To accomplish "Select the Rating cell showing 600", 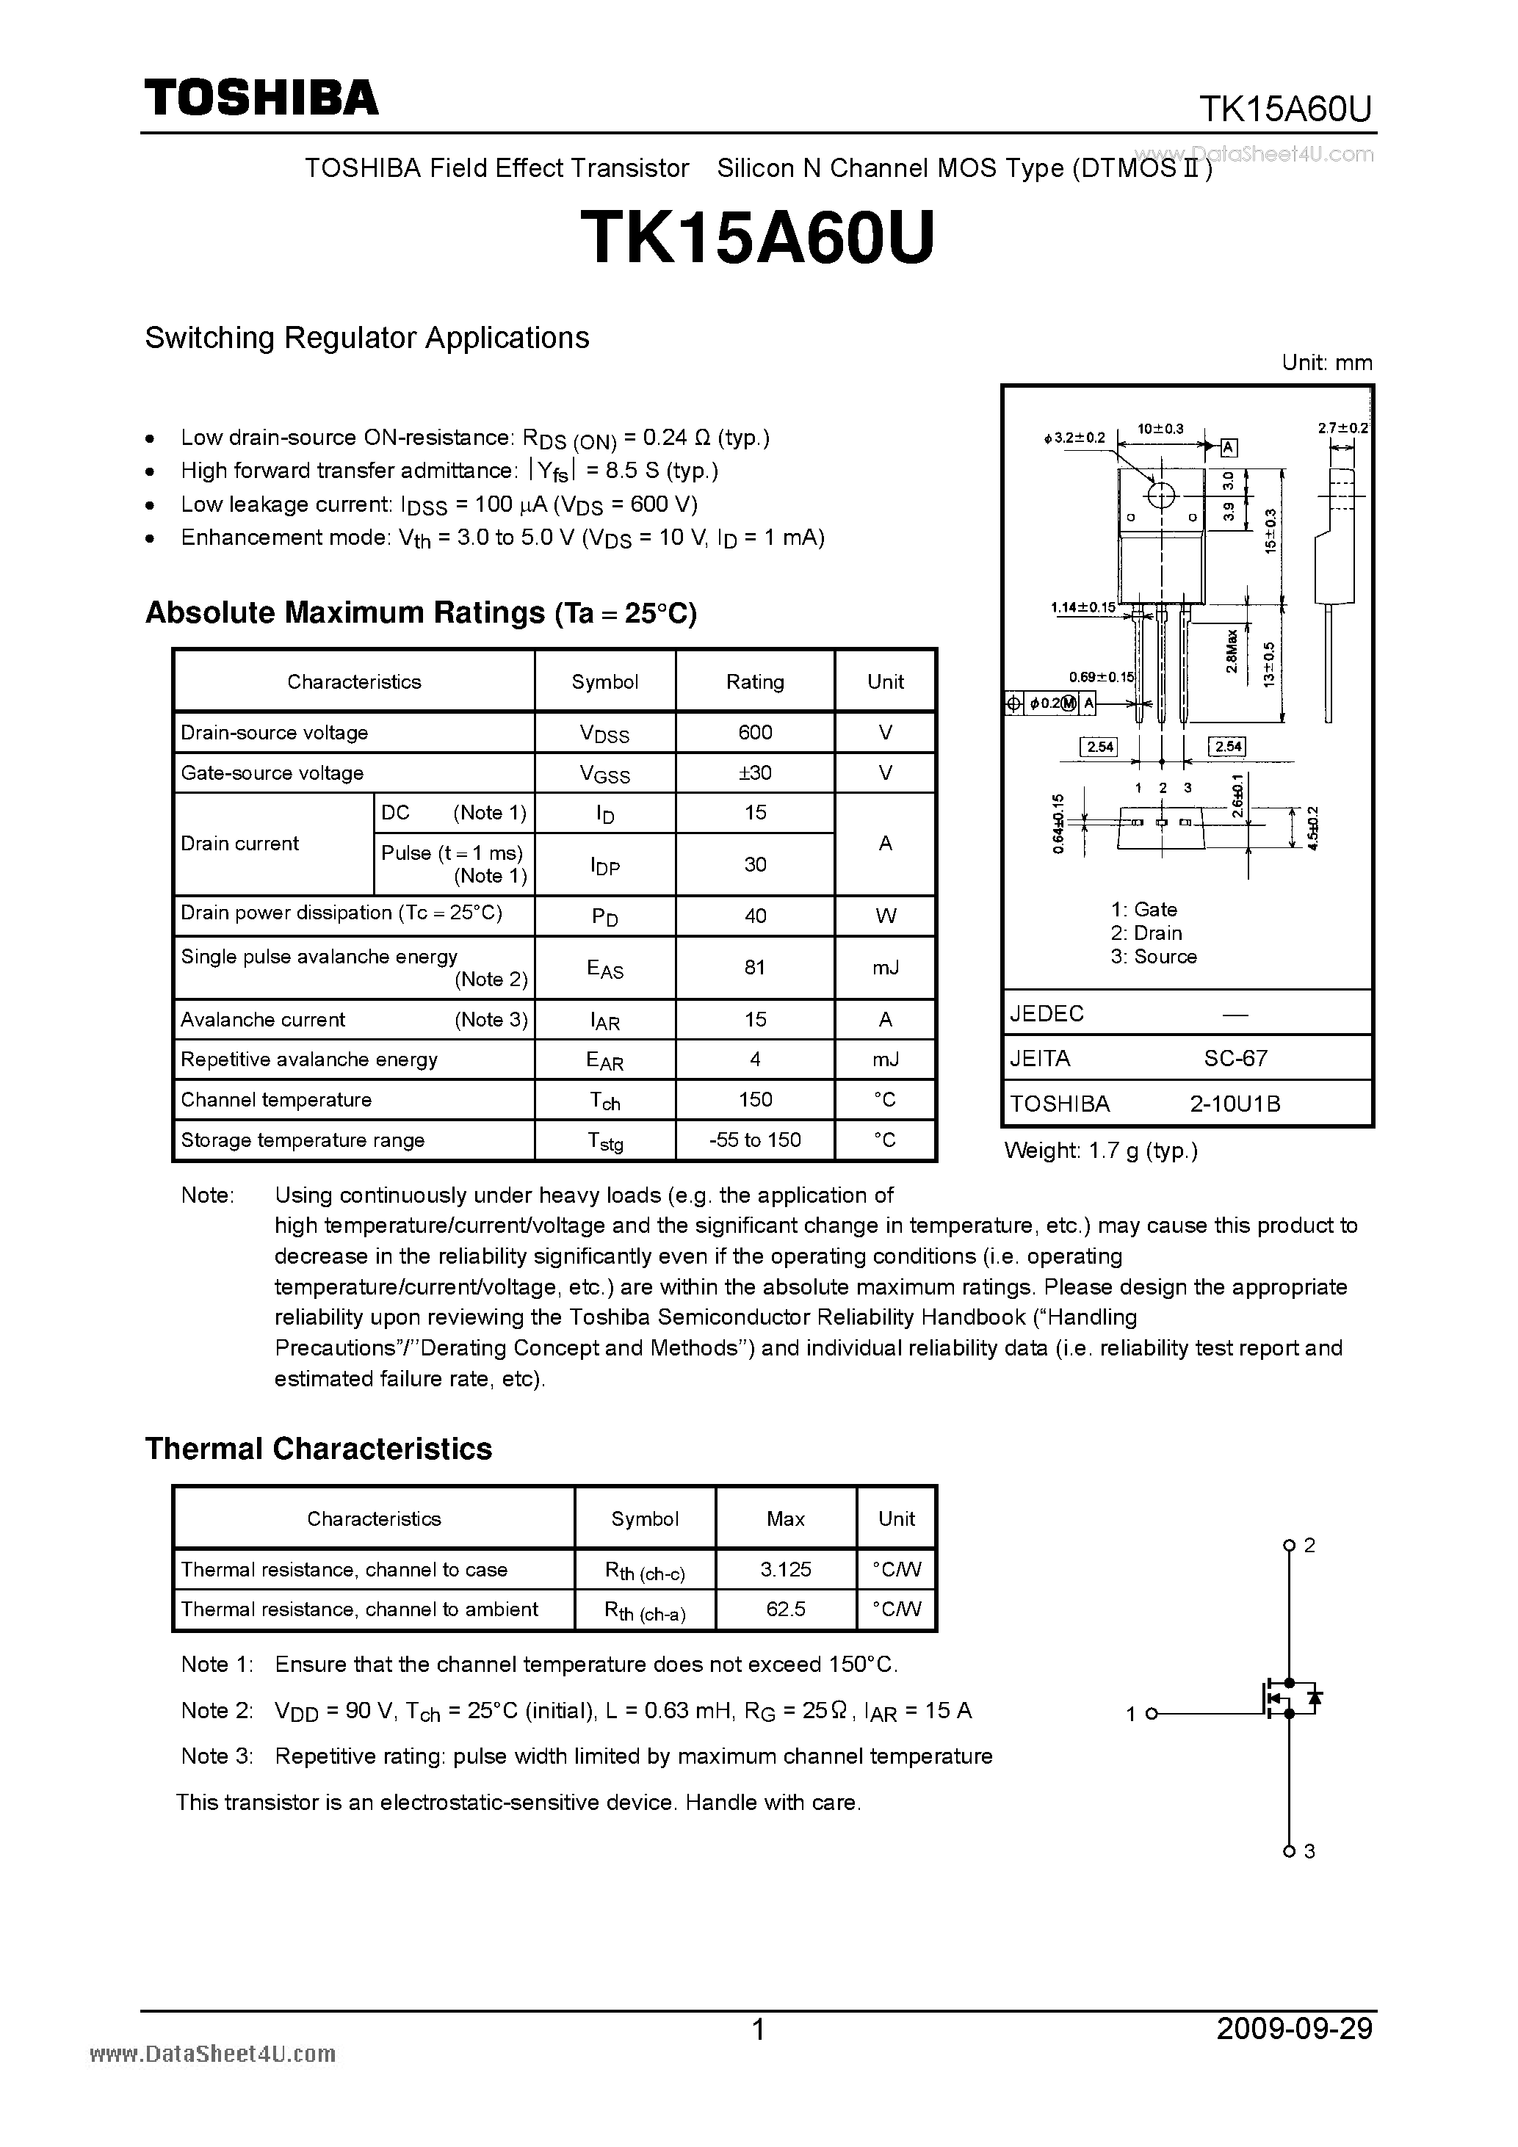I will [755, 732].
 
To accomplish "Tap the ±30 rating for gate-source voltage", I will [755, 772].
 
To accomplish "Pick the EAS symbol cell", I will [604, 968].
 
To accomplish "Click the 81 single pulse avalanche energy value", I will [755, 967].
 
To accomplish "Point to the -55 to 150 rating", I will [755, 1139].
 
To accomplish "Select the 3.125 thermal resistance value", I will [786, 1569].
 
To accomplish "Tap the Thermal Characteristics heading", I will [318, 1449].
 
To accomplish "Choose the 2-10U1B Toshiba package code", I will [1235, 1104].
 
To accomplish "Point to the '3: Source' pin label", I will [1153, 956].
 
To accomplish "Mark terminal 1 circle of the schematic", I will [1152, 1713].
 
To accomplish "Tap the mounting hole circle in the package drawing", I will [1160, 496].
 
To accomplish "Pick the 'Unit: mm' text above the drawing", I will [1326, 363].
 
